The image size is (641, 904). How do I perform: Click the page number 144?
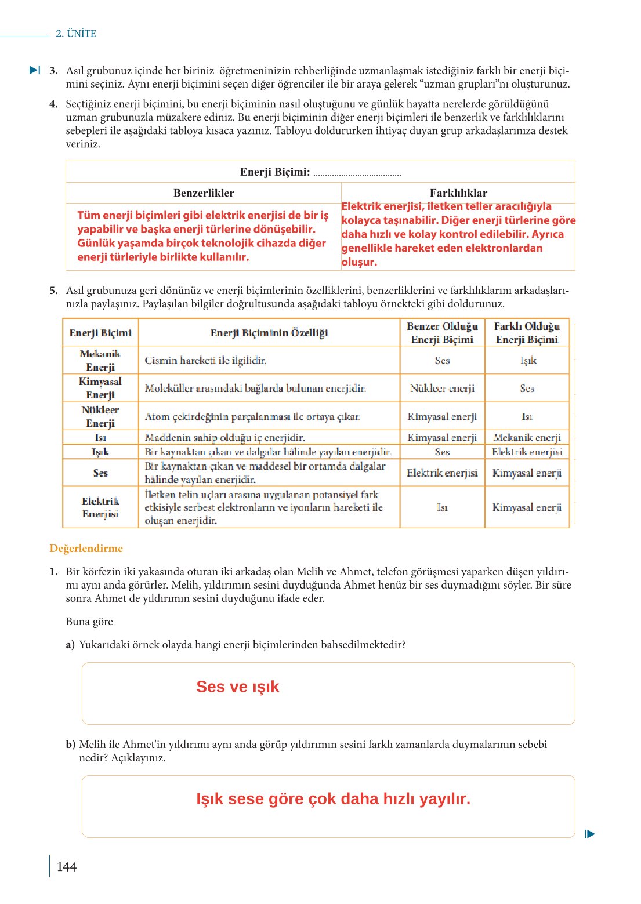click(x=67, y=867)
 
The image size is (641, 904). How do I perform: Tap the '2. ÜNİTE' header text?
click(x=76, y=34)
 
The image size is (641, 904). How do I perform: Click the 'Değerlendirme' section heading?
click(x=86, y=549)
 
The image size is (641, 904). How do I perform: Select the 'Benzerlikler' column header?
click(x=204, y=193)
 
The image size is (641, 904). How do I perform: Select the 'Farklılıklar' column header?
click(x=458, y=193)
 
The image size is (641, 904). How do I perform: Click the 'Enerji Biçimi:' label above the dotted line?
click(x=275, y=172)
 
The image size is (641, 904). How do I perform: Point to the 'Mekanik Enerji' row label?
click(x=100, y=360)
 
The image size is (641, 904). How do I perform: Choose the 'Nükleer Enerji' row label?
click(x=100, y=416)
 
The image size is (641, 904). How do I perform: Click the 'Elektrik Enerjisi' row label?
click(x=100, y=507)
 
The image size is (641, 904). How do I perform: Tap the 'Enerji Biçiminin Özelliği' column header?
click(x=269, y=333)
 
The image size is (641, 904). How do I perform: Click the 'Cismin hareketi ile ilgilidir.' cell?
click(x=206, y=361)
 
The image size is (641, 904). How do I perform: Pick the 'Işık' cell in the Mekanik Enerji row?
click(x=528, y=361)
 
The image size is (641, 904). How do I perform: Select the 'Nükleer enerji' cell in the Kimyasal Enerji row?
click(x=442, y=389)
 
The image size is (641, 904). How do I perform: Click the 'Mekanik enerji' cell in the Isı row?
click(x=527, y=438)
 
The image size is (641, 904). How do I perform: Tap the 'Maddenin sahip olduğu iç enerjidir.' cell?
click(x=224, y=438)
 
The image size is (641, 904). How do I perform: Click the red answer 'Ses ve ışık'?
click(x=238, y=687)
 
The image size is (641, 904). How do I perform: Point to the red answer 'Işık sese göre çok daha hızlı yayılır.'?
click(x=333, y=799)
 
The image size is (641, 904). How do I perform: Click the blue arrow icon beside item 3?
click(x=35, y=71)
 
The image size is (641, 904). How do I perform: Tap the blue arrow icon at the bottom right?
click(x=590, y=834)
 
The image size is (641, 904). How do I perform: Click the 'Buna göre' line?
click(x=89, y=622)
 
